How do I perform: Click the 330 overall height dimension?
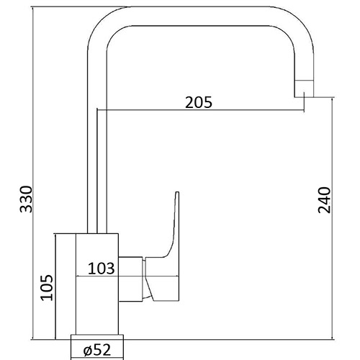pyautogui.click(x=26, y=199)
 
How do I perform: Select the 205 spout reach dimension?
pyautogui.click(x=198, y=102)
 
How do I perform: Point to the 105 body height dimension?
pyautogui.click(x=45, y=288)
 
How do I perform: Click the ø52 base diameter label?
pyautogui.click(x=96, y=351)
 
